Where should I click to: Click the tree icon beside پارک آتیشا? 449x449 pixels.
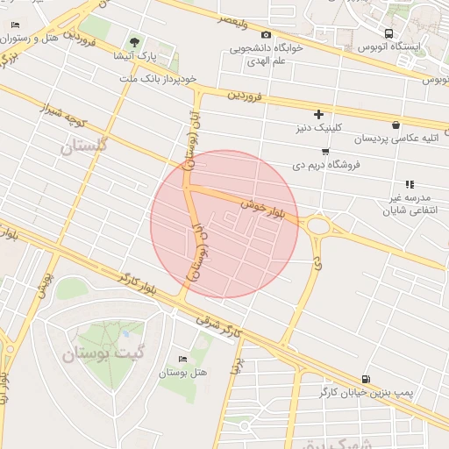134,41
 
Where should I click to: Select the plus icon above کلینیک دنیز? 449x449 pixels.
318,114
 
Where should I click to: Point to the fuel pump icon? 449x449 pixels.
364,380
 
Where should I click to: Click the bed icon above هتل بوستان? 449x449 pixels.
182,360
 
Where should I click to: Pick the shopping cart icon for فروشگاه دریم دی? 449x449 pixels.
325,151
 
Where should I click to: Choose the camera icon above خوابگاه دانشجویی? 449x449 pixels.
266,34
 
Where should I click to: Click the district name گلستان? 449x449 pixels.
83,146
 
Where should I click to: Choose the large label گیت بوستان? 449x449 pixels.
102,354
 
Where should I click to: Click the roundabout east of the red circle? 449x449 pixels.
317,226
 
